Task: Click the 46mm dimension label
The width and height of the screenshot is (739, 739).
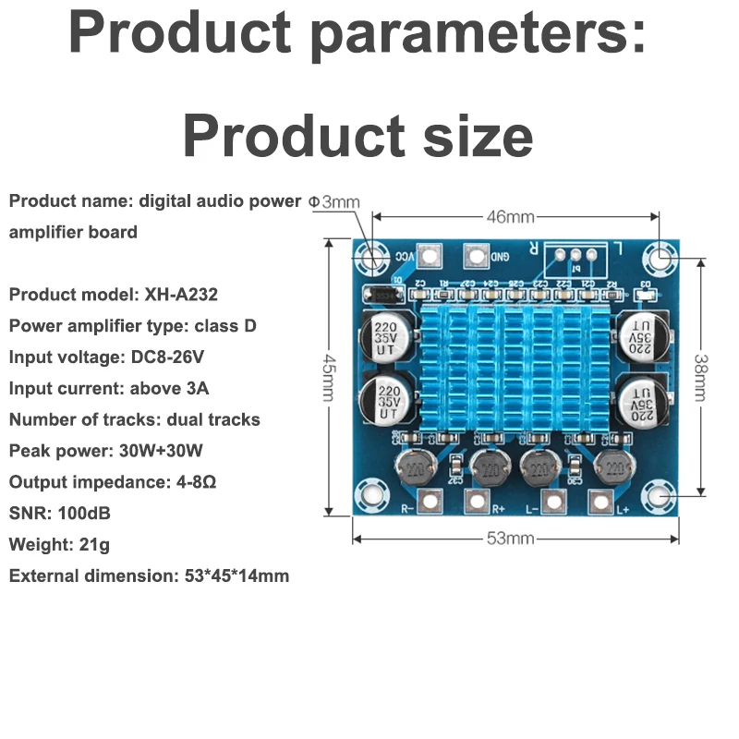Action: click(x=510, y=217)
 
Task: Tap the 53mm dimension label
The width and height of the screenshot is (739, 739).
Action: click(x=510, y=539)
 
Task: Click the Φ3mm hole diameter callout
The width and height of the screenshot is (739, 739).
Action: click(x=333, y=200)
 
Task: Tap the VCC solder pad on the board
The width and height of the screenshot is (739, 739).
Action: click(x=428, y=256)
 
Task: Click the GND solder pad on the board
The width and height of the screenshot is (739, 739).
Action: click(x=475, y=256)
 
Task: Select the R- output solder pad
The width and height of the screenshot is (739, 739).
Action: click(x=429, y=501)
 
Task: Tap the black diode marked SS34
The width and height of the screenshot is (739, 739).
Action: click(x=382, y=295)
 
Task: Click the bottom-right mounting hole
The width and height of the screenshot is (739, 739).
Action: click(x=660, y=500)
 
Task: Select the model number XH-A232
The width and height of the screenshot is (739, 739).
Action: click(x=181, y=295)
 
